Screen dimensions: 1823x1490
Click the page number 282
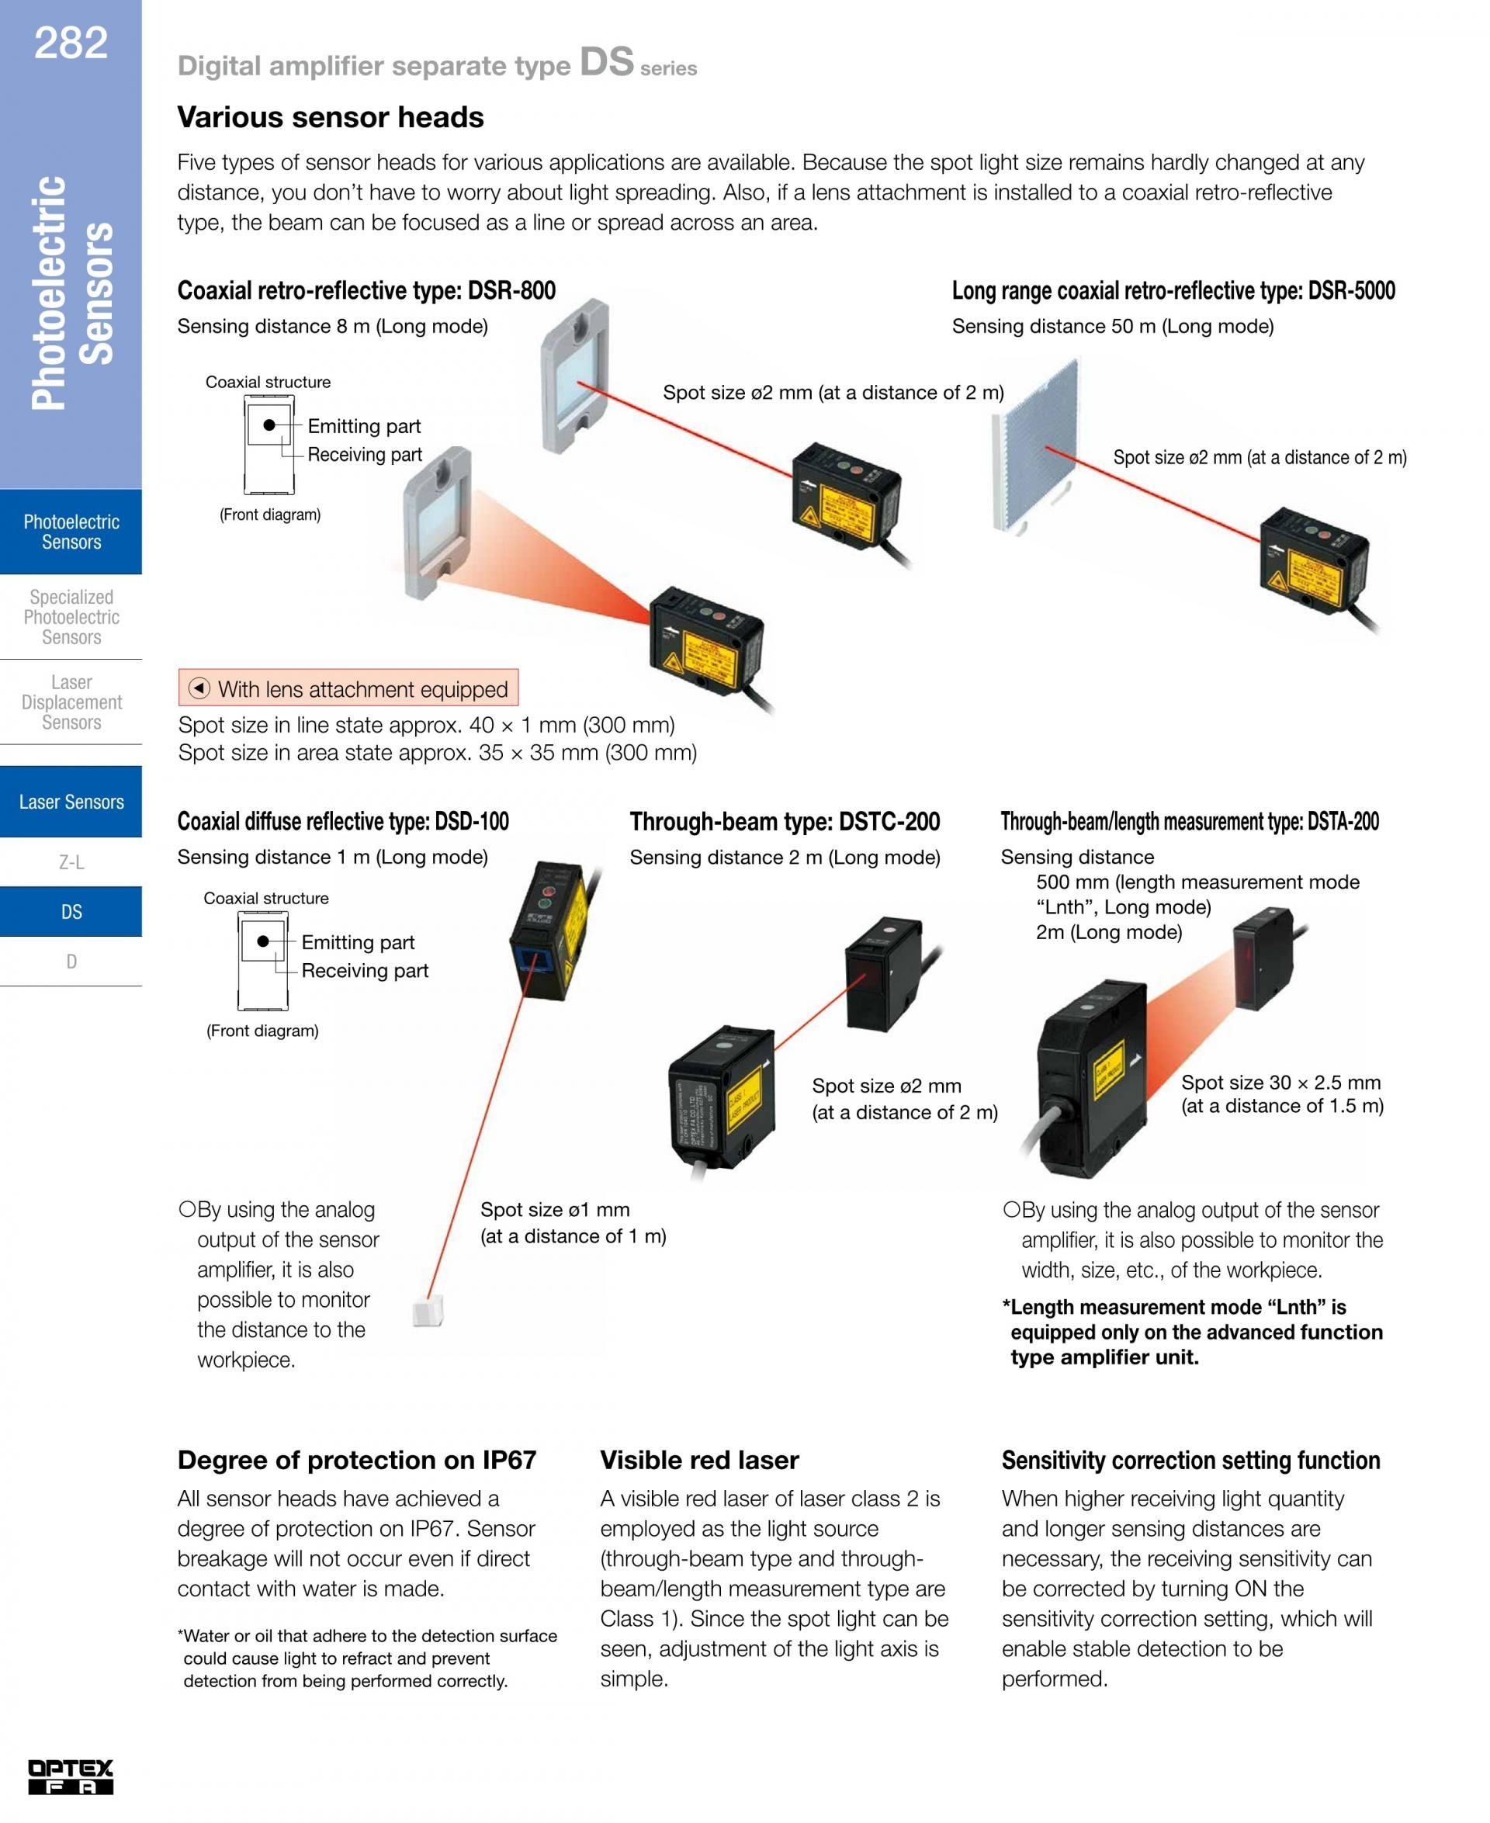pos(71,43)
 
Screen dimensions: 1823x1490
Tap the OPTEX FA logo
pos(71,1776)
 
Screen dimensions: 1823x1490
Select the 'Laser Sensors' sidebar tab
pos(71,802)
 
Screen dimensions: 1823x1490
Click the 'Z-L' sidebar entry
pos(71,862)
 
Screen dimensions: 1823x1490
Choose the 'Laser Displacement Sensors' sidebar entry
pos(71,702)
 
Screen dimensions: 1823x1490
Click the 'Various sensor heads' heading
pos(331,118)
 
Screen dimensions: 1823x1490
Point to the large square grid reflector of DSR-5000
pos(1035,444)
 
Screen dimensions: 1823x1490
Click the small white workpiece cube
pos(428,1312)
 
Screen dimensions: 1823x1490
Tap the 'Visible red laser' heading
pos(698,1460)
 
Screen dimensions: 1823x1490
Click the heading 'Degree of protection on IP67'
pos(356,1460)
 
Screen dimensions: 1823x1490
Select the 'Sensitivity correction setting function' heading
pos(1190,1460)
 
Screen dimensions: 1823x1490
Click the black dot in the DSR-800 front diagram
pos(269,425)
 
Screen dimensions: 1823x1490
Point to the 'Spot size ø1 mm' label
pos(554,1209)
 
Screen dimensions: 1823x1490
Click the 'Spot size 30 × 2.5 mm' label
pos(1280,1083)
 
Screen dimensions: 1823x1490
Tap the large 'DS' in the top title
pos(606,62)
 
